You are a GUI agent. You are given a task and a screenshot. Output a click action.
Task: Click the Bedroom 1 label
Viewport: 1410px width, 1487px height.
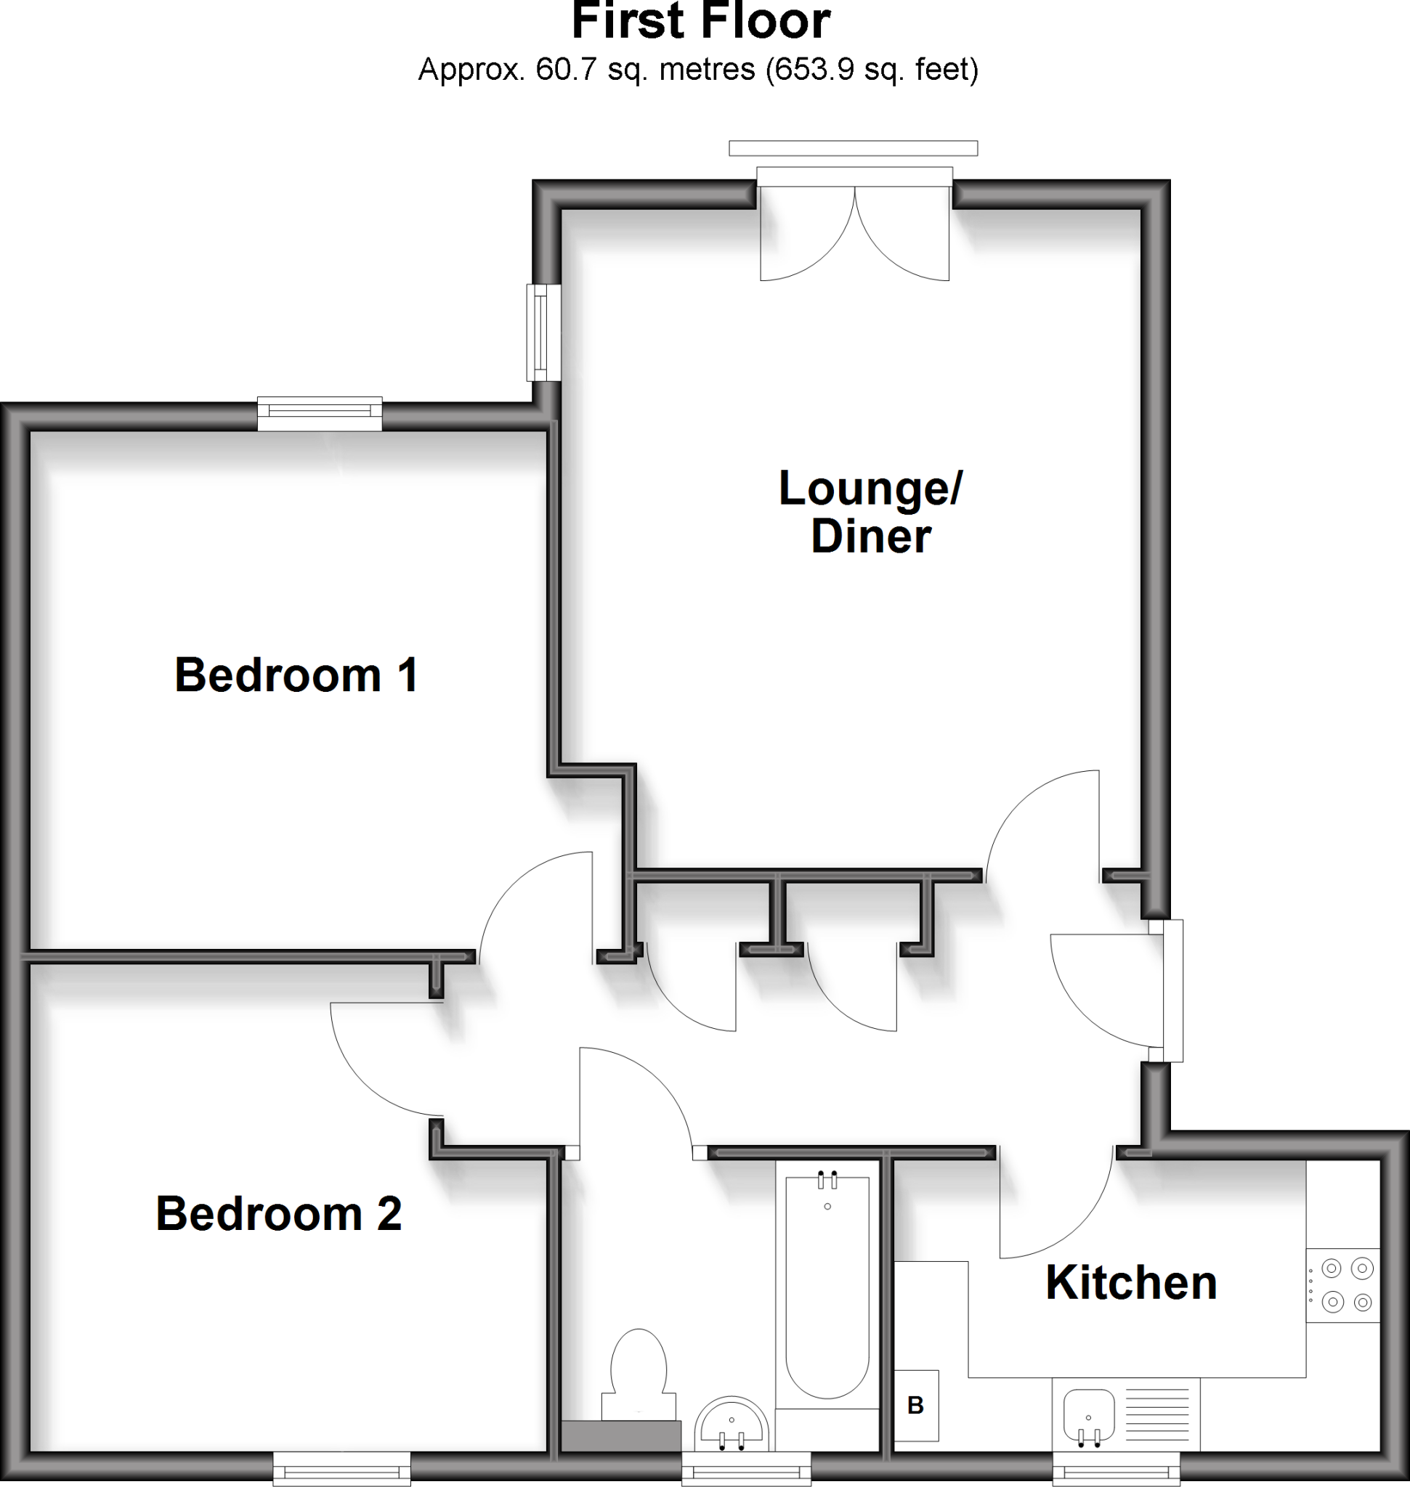click(296, 675)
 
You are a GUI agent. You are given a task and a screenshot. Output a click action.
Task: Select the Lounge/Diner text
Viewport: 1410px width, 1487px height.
click(870, 512)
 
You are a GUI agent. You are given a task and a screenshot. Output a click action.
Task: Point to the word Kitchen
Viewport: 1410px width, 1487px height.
click(1130, 1283)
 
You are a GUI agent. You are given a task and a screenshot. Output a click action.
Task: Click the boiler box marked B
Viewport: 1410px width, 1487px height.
click(915, 1405)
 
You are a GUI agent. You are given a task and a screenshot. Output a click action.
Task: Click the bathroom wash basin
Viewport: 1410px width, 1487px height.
click(732, 1425)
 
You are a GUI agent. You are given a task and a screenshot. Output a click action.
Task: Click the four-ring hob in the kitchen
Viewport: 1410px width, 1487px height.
click(1347, 1285)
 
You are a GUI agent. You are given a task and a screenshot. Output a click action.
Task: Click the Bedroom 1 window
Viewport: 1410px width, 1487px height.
click(320, 415)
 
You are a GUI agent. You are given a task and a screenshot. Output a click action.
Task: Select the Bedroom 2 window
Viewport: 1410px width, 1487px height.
click(341, 1468)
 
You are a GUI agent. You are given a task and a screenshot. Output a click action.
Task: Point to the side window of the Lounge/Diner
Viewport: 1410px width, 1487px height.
click(543, 332)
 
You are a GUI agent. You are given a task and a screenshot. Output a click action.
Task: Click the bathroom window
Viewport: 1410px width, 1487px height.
click(745, 1468)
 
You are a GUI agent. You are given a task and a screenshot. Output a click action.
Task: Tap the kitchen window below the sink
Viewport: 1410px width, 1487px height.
click(1115, 1468)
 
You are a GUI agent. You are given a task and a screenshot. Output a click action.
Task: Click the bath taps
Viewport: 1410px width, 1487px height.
click(827, 1181)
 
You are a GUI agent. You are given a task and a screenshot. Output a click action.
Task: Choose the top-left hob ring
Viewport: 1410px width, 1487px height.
click(1332, 1269)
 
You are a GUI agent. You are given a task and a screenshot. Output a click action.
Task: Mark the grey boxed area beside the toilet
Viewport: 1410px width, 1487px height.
click(621, 1435)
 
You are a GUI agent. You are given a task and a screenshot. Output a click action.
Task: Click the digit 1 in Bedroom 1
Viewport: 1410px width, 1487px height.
click(408, 675)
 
